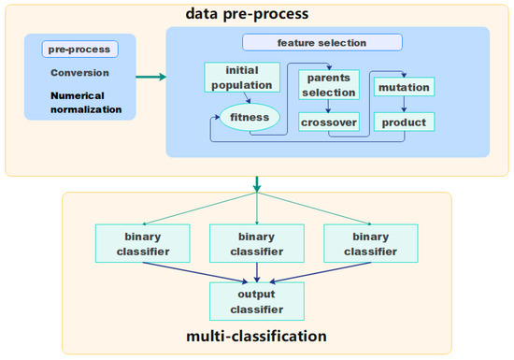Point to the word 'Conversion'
coord(79,72)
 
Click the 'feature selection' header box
coord(321,42)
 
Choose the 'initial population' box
coord(241,78)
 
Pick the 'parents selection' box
coord(328,85)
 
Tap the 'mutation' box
coord(403,88)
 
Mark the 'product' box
coord(403,122)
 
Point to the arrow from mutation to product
coord(403,106)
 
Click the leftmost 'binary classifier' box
coord(142,243)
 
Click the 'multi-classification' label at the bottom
coord(255,335)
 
